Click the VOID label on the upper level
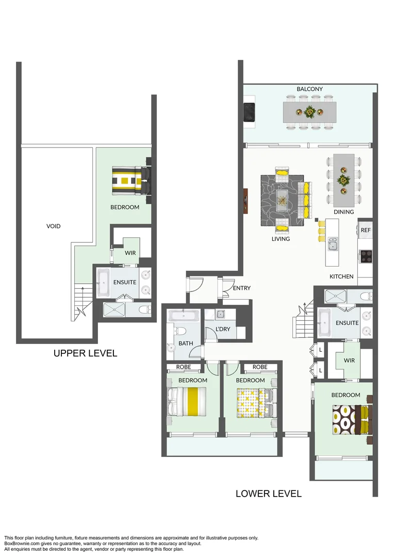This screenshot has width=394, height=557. click(54, 226)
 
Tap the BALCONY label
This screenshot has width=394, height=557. click(309, 89)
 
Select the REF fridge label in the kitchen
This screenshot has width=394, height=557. click(366, 230)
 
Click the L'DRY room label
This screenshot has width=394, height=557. click(223, 329)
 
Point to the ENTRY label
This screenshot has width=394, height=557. click(242, 288)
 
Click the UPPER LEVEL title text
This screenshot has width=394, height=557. click(85, 353)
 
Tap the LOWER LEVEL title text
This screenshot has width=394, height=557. click(268, 494)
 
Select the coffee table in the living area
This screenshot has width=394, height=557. click(282, 199)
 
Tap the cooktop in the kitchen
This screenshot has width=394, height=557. click(366, 256)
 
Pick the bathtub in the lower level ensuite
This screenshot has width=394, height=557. click(324, 322)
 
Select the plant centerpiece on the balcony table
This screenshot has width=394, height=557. click(309, 111)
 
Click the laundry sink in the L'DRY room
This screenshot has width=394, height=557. click(221, 314)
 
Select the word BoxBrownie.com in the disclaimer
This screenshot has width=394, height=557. click(20, 543)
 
